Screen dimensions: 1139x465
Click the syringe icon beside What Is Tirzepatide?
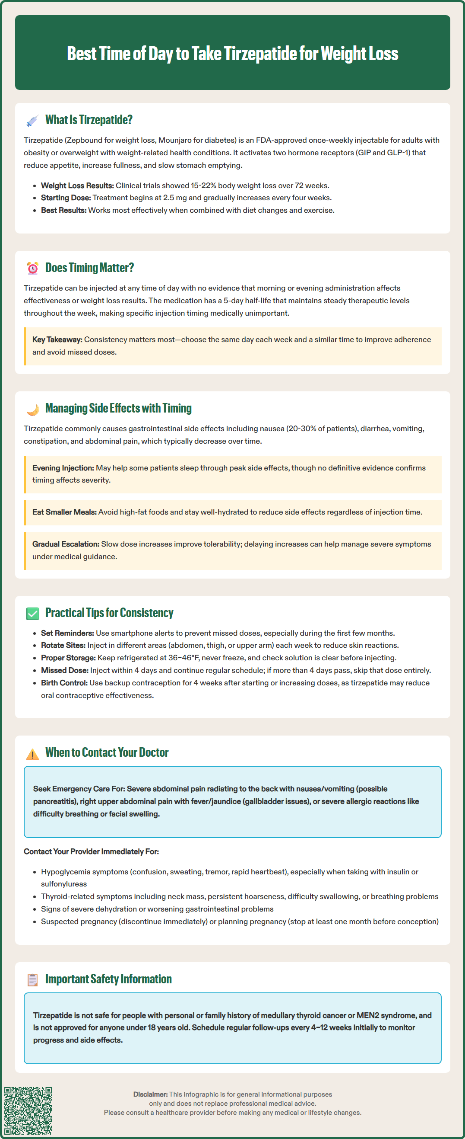[x=32, y=120]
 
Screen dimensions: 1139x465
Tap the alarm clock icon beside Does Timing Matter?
[x=32, y=268]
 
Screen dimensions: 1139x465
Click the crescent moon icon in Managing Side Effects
[x=32, y=409]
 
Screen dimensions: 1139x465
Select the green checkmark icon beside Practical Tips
[x=32, y=613]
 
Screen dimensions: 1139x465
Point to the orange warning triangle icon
[x=32, y=753]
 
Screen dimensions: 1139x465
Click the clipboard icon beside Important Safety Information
[x=32, y=980]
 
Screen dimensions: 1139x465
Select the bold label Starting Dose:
[x=66, y=198]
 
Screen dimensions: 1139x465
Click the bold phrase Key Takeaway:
[x=57, y=339]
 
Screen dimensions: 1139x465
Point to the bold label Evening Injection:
[x=63, y=468]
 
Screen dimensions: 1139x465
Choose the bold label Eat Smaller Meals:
[x=64, y=512]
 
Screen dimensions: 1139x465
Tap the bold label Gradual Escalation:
[x=65, y=544]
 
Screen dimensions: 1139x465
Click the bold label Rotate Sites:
[x=63, y=645]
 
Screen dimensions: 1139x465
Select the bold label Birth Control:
[x=64, y=683]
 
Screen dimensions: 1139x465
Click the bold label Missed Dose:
[x=64, y=670]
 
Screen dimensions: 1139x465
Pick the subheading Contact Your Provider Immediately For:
[x=91, y=851]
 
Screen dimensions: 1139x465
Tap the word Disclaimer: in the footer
[x=150, y=1094]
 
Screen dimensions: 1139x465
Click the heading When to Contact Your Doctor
[x=107, y=752]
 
